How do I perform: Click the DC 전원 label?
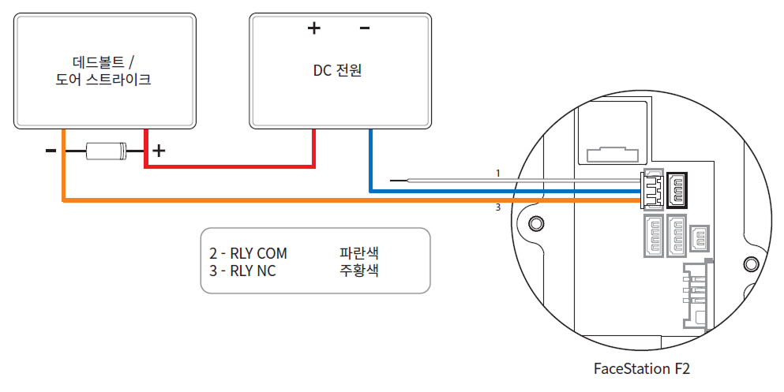(337, 70)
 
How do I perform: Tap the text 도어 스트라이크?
(104, 80)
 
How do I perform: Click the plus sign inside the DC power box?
(314, 29)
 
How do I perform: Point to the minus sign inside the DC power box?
(365, 29)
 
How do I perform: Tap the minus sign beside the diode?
(51, 150)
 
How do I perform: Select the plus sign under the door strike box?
(159, 150)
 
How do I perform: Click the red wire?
(229, 166)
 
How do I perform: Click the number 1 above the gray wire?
(497, 172)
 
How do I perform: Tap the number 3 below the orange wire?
(497, 208)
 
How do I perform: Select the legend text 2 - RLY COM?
(248, 254)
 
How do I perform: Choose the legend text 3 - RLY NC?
(242, 271)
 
